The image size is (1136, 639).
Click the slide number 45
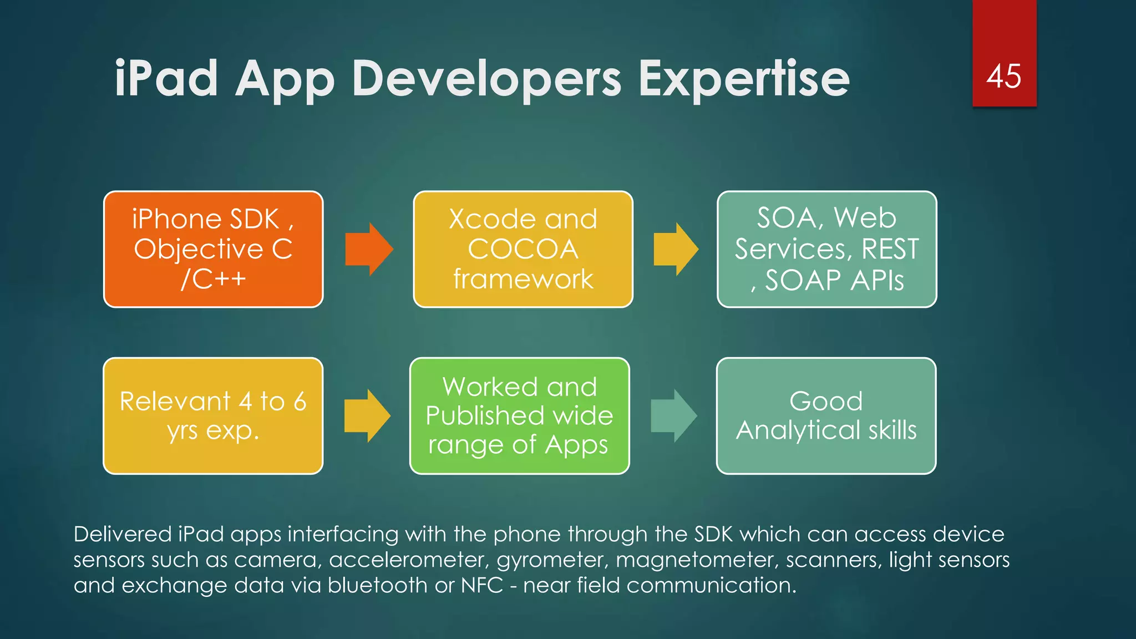[x=1003, y=76]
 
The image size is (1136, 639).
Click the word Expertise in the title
[x=744, y=79]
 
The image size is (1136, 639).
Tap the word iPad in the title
[x=166, y=79]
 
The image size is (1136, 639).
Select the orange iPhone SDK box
[x=213, y=249]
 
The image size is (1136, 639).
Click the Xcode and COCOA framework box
[x=523, y=249]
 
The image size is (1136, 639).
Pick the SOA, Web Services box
[x=826, y=249]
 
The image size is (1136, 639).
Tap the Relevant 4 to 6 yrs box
[x=213, y=415]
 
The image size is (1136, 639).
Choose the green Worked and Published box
[x=519, y=415]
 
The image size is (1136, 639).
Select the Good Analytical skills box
[x=826, y=415]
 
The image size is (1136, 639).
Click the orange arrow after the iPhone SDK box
[x=369, y=249]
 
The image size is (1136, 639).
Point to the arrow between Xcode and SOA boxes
[x=676, y=249]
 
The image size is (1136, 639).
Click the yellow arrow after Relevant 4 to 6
[x=367, y=415]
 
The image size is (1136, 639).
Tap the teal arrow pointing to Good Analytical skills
[x=673, y=415]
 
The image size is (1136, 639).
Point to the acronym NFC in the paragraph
[x=481, y=585]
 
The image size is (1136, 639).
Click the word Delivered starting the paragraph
[x=123, y=534]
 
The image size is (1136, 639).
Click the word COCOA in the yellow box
[x=523, y=249]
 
